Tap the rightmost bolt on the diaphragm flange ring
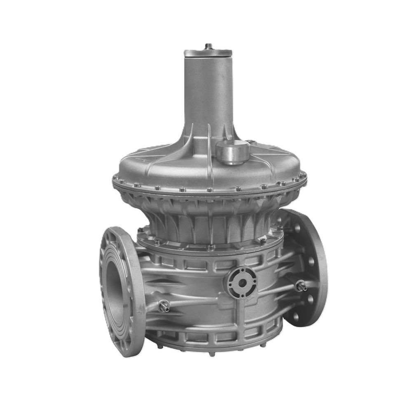[305, 178]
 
